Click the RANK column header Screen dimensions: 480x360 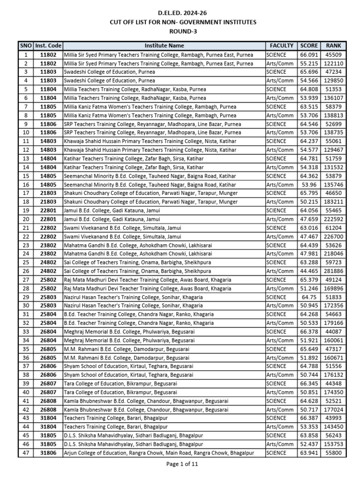pyautogui.click(x=333, y=45)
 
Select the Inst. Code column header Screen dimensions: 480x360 pyautogui.click(x=48, y=45)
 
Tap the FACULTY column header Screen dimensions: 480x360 pyautogui.click(x=281, y=45)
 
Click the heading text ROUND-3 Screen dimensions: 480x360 pyautogui.click(x=180, y=31)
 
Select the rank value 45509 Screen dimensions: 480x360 pyautogui.click(x=333, y=54)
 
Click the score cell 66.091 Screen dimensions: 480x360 pyautogui.click(x=309, y=54)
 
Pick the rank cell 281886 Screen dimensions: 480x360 pyautogui.click(x=333, y=271)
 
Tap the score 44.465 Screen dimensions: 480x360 pyautogui.click(x=309, y=271)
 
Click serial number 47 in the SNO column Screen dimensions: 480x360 pyautogui.click(x=26, y=453)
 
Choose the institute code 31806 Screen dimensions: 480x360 pyautogui.click(x=48, y=453)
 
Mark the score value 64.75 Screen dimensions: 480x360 pyautogui.click(x=309, y=297)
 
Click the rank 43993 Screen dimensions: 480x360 pyautogui.click(x=333, y=418)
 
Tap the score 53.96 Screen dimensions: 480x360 pyautogui.click(x=309, y=184)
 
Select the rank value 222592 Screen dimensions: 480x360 pyautogui.click(x=333, y=219)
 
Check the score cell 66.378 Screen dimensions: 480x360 pyautogui.click(x=309, y=331)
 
